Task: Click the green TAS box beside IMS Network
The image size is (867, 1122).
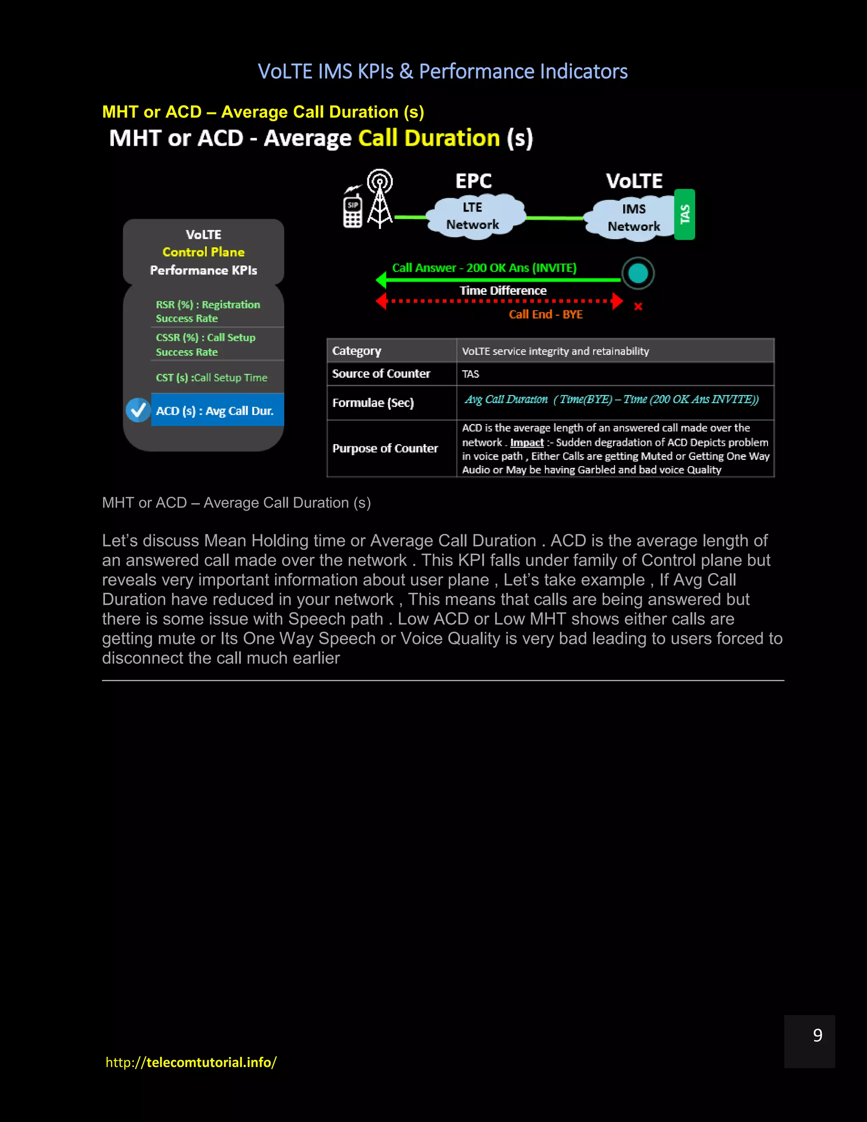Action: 684,214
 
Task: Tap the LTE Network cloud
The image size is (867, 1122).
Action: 472,216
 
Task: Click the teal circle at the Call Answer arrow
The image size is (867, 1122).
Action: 638,274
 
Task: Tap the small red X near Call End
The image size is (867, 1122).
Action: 638,307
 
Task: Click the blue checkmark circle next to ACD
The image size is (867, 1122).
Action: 138,410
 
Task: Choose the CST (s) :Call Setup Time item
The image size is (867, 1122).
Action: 212,378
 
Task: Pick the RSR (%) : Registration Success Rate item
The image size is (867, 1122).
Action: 208,311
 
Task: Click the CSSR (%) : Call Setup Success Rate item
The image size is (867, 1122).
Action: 205,345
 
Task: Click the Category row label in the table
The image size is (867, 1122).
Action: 356,351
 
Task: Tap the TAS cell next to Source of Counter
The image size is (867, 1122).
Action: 470,374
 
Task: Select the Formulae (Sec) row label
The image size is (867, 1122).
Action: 373,403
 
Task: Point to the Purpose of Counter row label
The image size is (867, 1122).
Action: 385,448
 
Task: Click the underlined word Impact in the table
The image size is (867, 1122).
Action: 527,442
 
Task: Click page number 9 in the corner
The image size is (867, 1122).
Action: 817,1035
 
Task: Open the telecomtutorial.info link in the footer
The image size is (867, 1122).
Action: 191,1062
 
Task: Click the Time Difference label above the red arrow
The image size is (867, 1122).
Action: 503,291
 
